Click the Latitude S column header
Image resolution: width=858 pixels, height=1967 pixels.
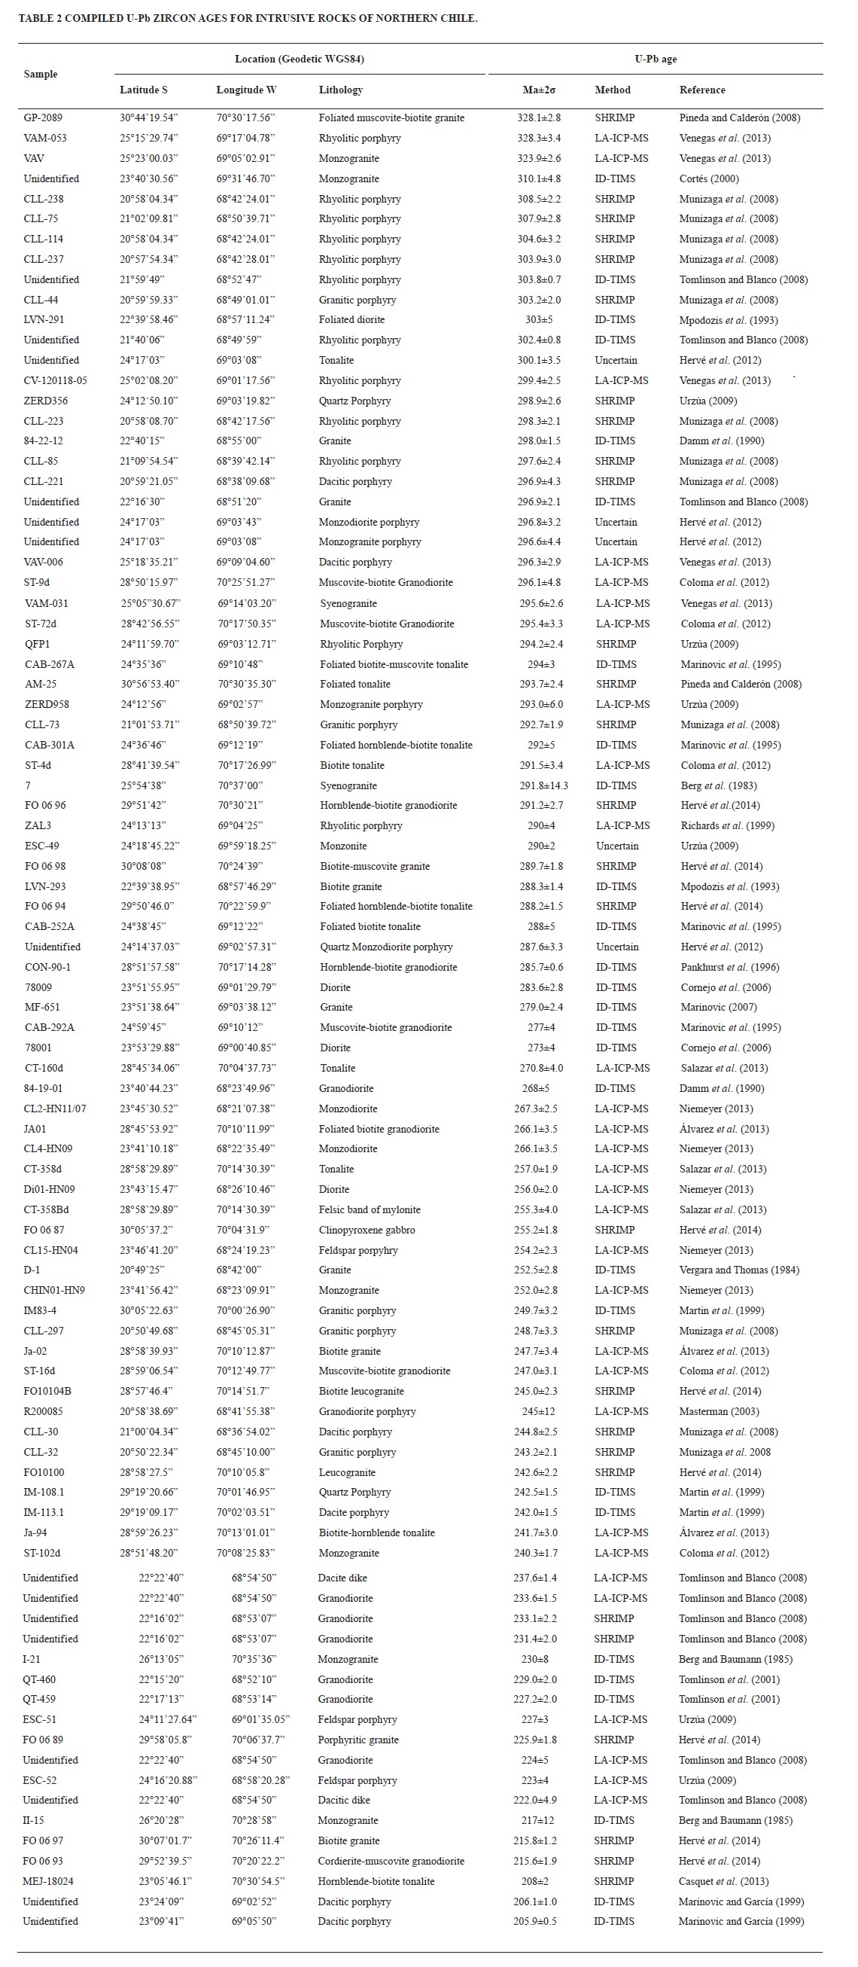(x=144, y=90)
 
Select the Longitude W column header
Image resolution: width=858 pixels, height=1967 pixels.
(x=246, y=90)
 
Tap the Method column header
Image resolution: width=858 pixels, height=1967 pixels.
(x=612, y=90)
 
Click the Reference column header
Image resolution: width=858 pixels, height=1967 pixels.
(x=701, y=90)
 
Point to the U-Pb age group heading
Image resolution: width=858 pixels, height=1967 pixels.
(x=655, y=59)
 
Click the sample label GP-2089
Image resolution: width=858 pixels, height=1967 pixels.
(x=43, y=117)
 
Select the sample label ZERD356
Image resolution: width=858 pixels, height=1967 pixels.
(x=46, y=400)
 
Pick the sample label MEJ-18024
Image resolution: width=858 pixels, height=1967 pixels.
(x=48, y=1880)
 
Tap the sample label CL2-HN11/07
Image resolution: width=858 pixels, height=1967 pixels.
(x=55, y=1108)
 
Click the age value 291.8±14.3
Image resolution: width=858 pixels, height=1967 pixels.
(x=543, y=785)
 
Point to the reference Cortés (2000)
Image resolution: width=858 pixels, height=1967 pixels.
(x=709, y=178)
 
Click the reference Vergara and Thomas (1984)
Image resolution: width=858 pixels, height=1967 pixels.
(x=739, y=1269)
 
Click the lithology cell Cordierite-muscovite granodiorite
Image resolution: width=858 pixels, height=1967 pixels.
(x=391, y=1861)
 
